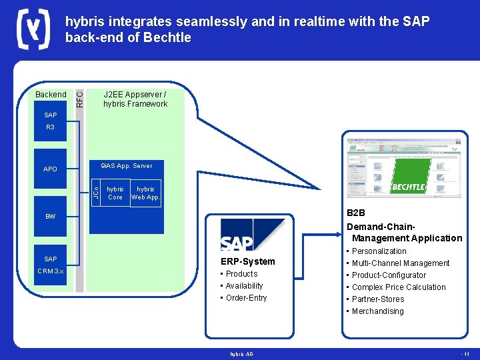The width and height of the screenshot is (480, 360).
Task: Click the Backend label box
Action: (x=51, y=95)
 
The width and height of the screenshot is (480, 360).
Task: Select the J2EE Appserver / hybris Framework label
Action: (x=135, y=99)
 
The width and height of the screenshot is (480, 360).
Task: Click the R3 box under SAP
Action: (x=51, y=127)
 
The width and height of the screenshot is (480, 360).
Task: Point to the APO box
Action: (x=51, y=169)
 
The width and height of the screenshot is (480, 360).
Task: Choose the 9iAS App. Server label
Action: (x=126, y=166)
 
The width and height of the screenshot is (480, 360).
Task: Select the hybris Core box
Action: (x=115, y=193)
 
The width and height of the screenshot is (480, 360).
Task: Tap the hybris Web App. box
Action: (x=145, y=193)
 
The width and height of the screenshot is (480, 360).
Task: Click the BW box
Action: (x=51, y=217)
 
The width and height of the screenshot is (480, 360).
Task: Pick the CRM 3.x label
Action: (x=51, y=271)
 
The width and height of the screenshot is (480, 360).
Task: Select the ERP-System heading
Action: (x=247, y=261)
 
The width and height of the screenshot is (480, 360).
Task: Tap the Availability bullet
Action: (x=244, y=286)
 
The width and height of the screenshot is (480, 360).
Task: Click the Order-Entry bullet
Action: (x=246, y=298)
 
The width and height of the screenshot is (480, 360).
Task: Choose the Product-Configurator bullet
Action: (x=389, y=275)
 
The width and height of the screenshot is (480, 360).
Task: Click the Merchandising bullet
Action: (x=377, y=311)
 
